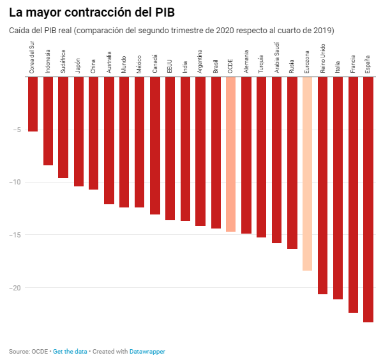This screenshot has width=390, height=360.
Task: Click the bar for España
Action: [x=368, y=199]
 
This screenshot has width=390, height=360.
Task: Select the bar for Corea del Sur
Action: [x=33, y=105]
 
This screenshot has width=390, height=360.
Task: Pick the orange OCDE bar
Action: [x=231, y=154]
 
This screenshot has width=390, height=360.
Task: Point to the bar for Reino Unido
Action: [x=322, y=186]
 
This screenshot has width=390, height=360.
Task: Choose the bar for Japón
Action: [x=79, y=132]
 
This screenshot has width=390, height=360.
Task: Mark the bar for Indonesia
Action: [x=49, y=121]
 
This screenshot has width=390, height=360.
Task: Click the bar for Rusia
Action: [x=292, y=163]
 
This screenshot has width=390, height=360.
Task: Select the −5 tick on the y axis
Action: [x=17, y=130]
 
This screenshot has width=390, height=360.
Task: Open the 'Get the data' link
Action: [x=70, y=351]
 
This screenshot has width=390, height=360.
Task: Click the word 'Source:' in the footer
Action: [x=19, y=351]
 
